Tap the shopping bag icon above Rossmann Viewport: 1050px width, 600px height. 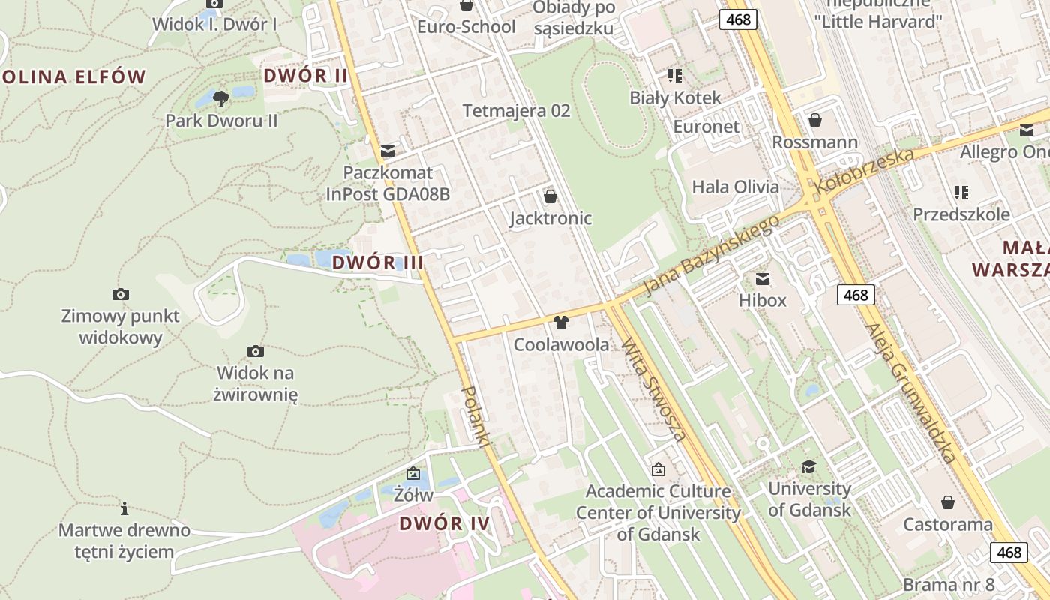click(815, 120)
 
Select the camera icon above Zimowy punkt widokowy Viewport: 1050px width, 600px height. click(120, 293)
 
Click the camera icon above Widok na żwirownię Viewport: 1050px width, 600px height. click(256, 350)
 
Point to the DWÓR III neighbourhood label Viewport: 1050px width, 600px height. click(377, 262)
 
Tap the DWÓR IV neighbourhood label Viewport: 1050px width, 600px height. click(444, 523)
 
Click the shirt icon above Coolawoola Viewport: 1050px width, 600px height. click(560, 323)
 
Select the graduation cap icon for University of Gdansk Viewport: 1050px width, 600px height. click(808, 466)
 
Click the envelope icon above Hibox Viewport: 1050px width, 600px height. click(763, 279)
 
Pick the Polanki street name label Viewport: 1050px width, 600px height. click(475, 418)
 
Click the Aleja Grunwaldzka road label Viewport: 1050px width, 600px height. click(912, 393)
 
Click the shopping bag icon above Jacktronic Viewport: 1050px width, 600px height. click(550, 196)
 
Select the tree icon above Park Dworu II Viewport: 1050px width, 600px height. click(220, 98)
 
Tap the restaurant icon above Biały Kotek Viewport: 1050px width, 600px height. click(675, 75)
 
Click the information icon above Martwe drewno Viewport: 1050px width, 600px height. click(124, 508)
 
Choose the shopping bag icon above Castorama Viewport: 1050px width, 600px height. click(948, 502)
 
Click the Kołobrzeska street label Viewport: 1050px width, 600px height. click(866, 172)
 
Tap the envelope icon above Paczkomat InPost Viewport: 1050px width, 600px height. click(388, 151)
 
